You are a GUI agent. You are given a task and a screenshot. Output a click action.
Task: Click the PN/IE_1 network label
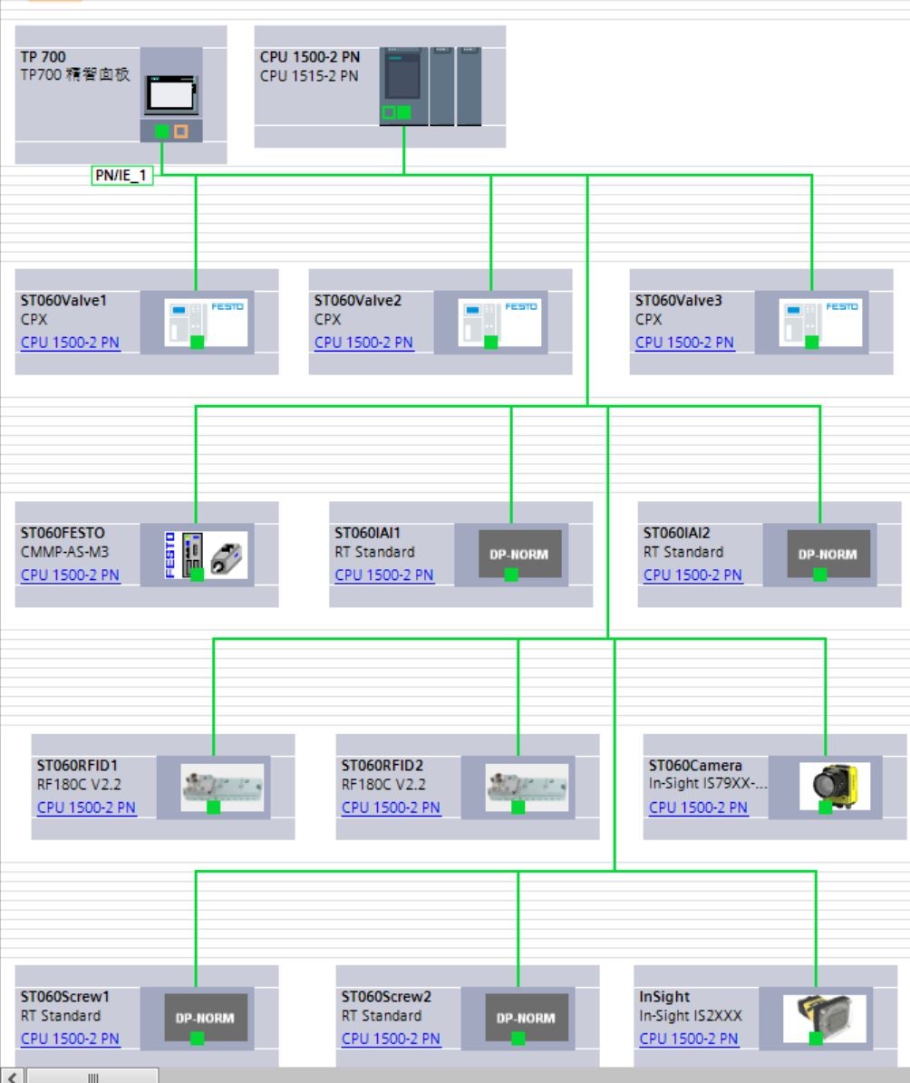coord(121,177)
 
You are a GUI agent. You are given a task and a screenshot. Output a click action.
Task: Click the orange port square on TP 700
coord(181,132)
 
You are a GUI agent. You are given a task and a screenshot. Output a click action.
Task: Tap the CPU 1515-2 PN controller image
coord(402,86)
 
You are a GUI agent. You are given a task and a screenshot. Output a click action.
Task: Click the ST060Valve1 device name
coord(63,301)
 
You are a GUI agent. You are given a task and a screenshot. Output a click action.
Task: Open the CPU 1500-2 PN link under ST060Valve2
coord(363,343)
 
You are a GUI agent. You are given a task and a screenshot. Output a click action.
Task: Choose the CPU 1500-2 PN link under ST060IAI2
coord(692,575)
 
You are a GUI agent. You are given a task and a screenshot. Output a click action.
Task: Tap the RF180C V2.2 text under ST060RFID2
coord(383,785)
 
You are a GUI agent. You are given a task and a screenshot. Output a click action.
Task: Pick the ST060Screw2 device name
coord(385,996)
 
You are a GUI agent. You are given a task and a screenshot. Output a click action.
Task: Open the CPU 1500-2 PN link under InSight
coord(688,1038)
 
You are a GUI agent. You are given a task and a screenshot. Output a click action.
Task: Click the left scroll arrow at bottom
coord(13,1076)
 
